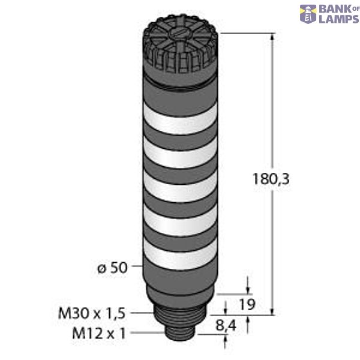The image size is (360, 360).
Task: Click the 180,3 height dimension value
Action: coord(265,178)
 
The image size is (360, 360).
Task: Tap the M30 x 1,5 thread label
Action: coord(92,313)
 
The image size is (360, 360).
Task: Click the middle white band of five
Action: coord(181,191)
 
